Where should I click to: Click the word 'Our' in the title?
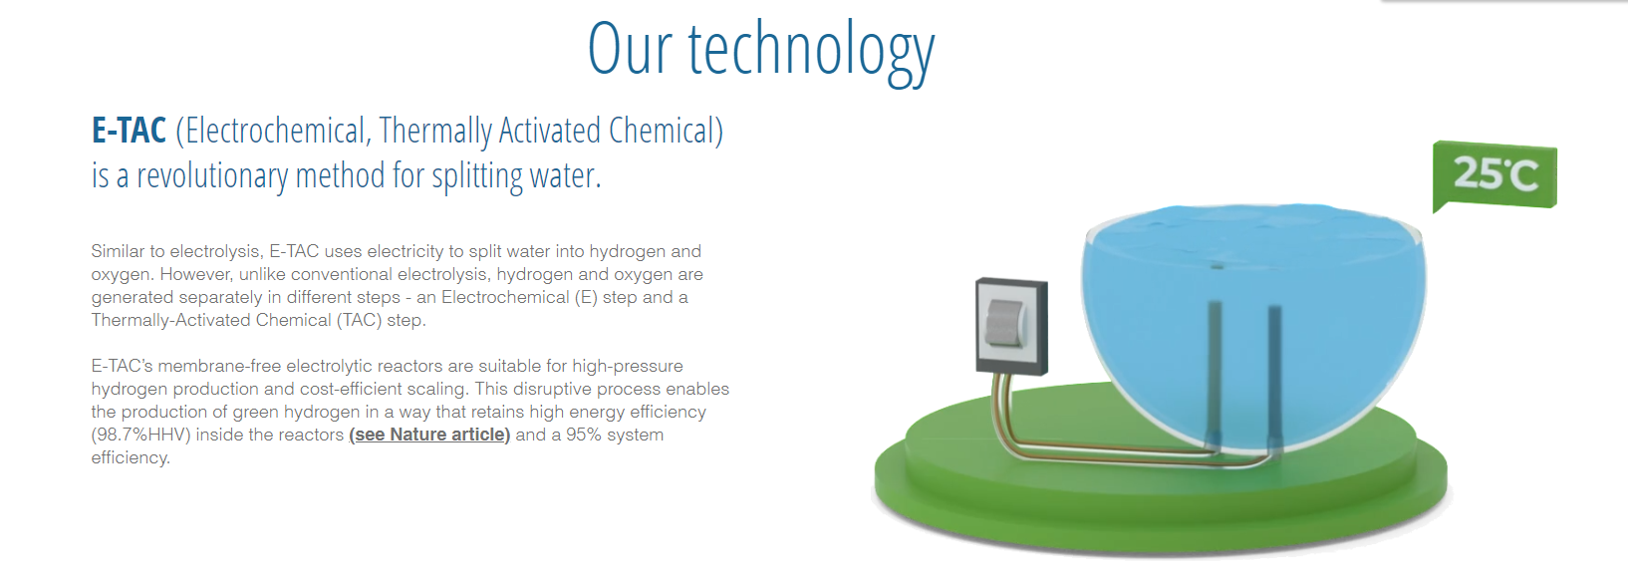tap(630, 48)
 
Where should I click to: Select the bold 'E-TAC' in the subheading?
tap(129, 131)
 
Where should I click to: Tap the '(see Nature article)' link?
tap(429, 435)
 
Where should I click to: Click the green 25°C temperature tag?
tap(1494, 175)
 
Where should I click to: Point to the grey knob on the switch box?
tap(1002, 323)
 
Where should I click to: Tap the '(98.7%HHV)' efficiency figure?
tap(141, 435)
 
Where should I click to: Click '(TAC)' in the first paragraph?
tap(359, 320)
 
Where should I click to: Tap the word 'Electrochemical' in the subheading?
tap(273, 131)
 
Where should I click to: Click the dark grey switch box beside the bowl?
tap(1011, 326)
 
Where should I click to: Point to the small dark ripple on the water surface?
tap(1219, 267)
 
